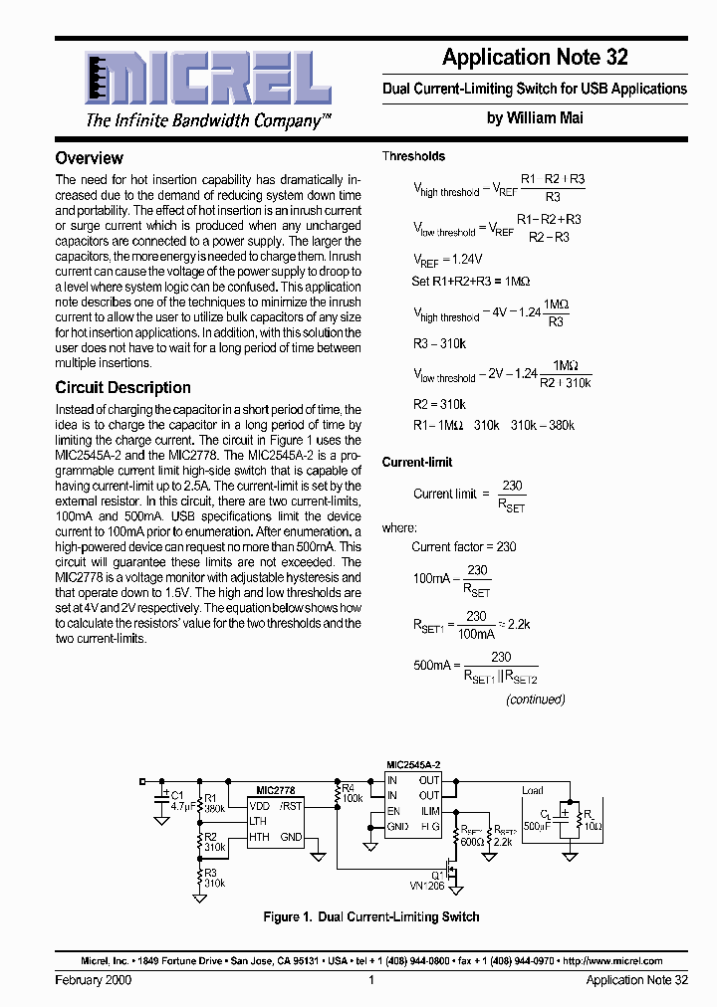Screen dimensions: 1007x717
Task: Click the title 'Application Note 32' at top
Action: click(x=535, y=58)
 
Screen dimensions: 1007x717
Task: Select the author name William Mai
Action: click(x=535, y=117)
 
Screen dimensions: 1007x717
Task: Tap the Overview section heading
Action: click(x=89, y=158)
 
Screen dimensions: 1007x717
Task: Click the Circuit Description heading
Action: click(x=122, y=388)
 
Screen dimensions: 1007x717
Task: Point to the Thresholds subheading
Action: click(x=413, y=156)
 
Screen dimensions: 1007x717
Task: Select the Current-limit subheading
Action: click(x=417, y=462)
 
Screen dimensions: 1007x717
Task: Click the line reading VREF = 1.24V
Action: click(x=439, y=262)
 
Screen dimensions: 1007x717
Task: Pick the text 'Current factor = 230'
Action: click(x=463, y=546)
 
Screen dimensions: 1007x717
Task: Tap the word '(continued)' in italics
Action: click(x=535, y=699)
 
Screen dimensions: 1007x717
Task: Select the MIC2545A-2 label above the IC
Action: click(x=413, y=764)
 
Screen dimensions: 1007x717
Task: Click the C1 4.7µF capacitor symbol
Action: click(x=161, y=801)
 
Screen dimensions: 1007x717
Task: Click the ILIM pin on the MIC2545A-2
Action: click(x=429, y=811)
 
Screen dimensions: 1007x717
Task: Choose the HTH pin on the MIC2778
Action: click(x=259, y=837)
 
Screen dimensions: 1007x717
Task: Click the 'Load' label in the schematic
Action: click(x=532, y=791)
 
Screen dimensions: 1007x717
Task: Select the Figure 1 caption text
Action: click(x=370, y=916)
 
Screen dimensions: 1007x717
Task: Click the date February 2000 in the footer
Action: click(x=92, y=980)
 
